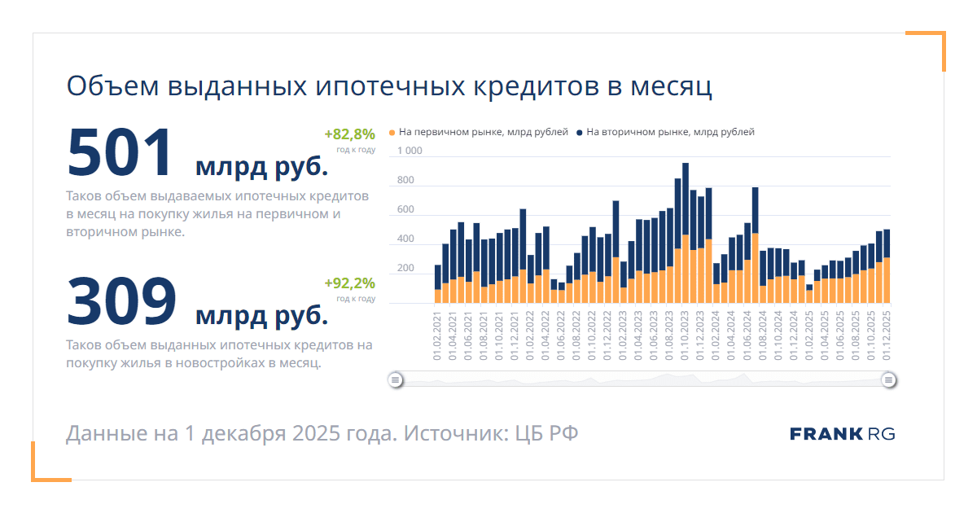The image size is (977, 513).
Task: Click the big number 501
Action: tap(120, 152)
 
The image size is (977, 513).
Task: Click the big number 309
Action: tap(120, 301)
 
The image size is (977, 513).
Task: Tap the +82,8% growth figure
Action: tap(349, 134)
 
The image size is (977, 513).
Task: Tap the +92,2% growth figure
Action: tap(349, 283)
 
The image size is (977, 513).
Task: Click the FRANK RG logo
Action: tap(842, 434)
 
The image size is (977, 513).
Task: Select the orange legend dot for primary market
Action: tap(392, 132)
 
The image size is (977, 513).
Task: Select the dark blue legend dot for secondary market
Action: tap(579, 132)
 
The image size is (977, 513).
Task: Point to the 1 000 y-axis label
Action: tap(410, 151)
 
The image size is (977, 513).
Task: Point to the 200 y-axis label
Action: tap(405, 269)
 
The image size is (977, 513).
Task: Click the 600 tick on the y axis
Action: tap(405, 210)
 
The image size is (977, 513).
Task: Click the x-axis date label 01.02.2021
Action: tap(437, 335)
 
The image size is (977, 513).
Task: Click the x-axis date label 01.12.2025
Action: tap(887, 335)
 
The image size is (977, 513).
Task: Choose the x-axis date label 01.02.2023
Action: tap(624, 335)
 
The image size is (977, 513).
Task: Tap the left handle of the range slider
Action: tap(395, 379)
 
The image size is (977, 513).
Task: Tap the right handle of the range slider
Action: tap(889, 379)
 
